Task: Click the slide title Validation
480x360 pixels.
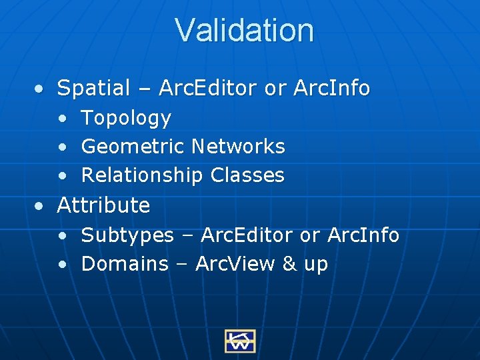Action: (x=244, y=30)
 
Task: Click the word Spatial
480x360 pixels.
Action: (x=94, y=88)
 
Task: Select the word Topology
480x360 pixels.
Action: (x=126, y=118)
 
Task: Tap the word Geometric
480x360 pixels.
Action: (x=133, y=147)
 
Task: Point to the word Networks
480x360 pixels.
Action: (x=238, y=146)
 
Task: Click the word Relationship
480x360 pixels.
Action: (x=142, y=175)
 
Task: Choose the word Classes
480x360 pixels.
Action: (x=247, y=175)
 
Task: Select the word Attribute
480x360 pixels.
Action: (x=103, y=205)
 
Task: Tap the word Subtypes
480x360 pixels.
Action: (x=127, y=235)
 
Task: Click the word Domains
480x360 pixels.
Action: (x=125, y=264)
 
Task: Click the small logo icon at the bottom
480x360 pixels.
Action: (x=240, y=341)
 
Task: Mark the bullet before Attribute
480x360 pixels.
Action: (x=41, y=205)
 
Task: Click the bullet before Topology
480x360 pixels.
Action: (x=62, y=119)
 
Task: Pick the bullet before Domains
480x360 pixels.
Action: (x=62, y=265)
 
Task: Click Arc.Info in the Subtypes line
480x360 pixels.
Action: (x=363, y=235)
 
